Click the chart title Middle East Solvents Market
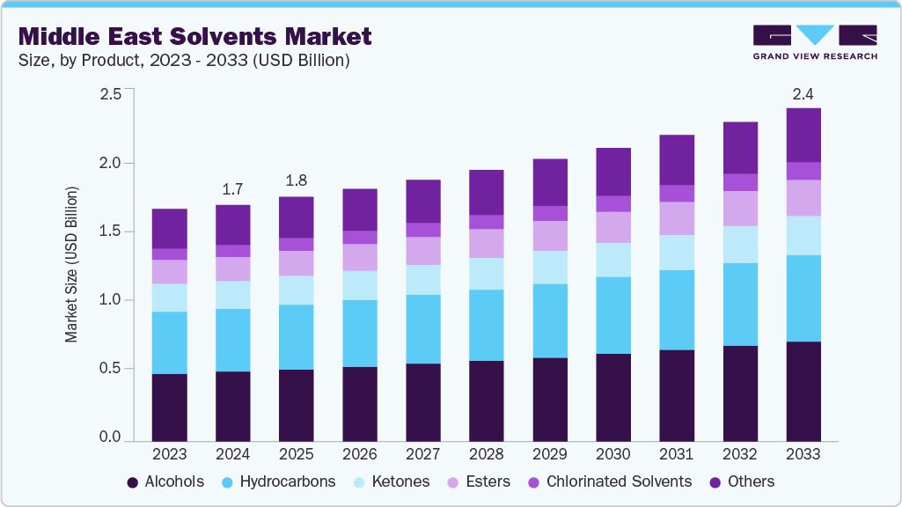click(194, 36)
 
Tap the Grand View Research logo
click(815, 42)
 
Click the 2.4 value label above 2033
click(803, 93)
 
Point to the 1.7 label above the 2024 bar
click(233, 188)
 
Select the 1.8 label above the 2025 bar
click(297, 180)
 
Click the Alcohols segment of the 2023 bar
click(170, 407)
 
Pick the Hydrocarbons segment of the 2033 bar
click(803, 298)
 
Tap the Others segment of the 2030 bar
click(613, 172)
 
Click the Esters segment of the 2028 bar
click(487, 244)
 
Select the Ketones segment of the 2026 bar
click(360, 285)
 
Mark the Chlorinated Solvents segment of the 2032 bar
click(740, 182)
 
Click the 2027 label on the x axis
click(423, 454)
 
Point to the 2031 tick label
click(677, 454)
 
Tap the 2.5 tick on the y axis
click(110, 94)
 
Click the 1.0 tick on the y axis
click(110, 300)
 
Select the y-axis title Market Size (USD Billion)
click(71, 264)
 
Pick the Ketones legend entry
click(392, 481)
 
